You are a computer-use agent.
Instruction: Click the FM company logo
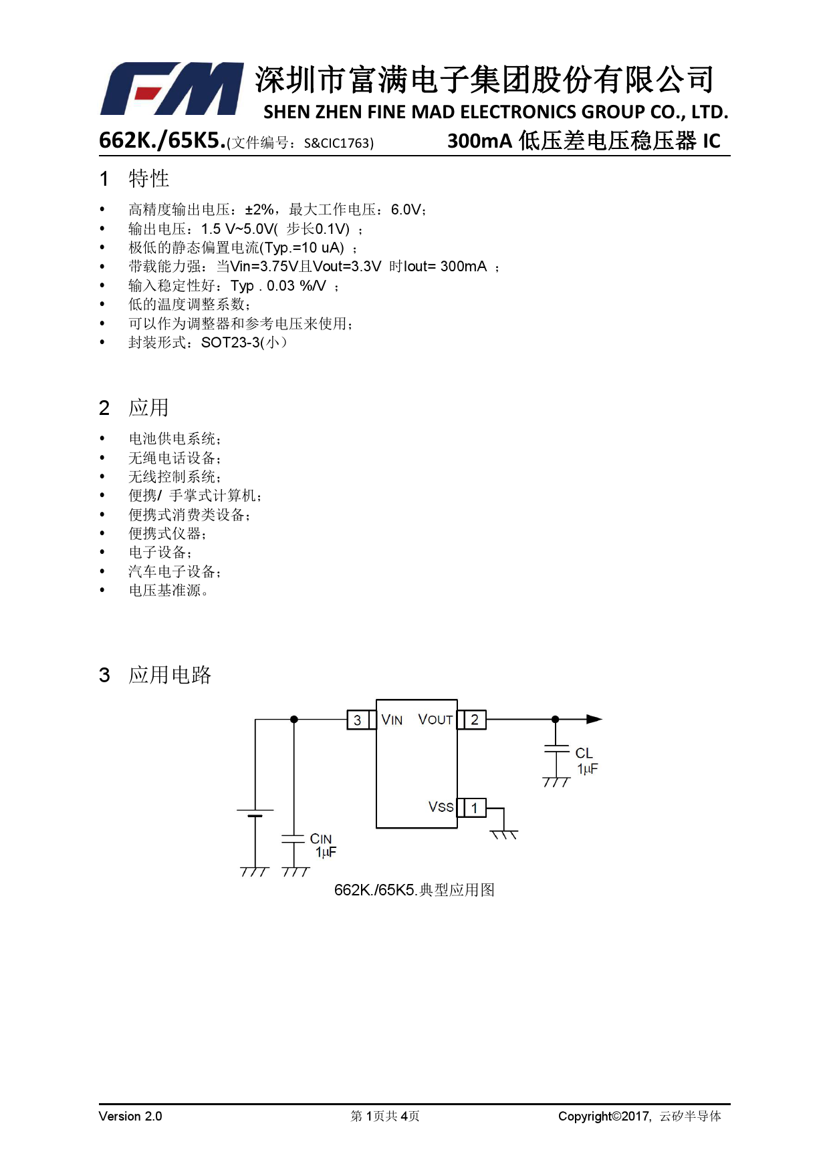(172, 89)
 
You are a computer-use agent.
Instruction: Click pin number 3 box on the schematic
(358, 720)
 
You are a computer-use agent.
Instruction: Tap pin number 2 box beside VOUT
(475, 720)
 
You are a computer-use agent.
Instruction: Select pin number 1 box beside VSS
(475, 808)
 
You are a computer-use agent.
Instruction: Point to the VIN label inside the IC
(392, 720)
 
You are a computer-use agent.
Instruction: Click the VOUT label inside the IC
(435, 720)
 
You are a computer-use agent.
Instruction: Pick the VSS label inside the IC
(441, 807)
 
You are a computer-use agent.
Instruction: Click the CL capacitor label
(584, 753)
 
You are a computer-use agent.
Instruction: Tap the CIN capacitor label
(321, 839)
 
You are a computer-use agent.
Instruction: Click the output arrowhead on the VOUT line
(594, 720)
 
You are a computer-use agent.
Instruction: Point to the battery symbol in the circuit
(255, 813)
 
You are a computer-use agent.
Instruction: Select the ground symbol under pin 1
(504, 835)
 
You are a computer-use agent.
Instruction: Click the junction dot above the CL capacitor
(555, 720)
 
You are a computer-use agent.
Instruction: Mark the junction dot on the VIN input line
(294, 720)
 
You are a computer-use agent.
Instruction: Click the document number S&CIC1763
(338, 143)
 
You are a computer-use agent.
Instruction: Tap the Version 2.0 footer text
(130, 1116)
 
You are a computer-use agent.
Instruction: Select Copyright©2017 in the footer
(604, 1116)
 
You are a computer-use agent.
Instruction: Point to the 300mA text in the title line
(479, 141)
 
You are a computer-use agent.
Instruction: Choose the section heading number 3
(104, 675)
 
